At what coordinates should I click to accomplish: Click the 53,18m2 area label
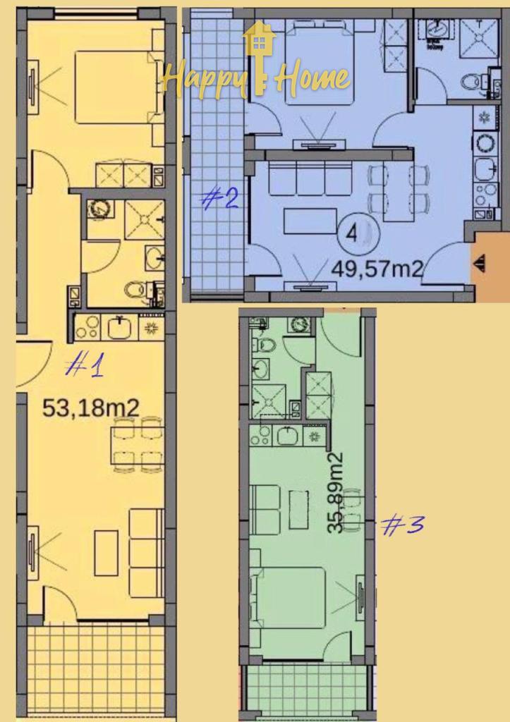click(90, 408)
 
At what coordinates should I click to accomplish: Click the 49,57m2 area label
click(377, 269)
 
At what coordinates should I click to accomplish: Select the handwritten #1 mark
click(85, 365)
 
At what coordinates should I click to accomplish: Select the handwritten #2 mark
click(219, 199)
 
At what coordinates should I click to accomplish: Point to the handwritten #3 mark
click(403, 525)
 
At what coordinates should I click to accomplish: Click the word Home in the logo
click(312, 78)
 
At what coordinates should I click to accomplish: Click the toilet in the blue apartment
click(473, 82)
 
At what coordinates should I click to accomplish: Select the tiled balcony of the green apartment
click(306, 692)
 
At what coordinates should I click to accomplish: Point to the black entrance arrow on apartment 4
click(480, 263)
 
